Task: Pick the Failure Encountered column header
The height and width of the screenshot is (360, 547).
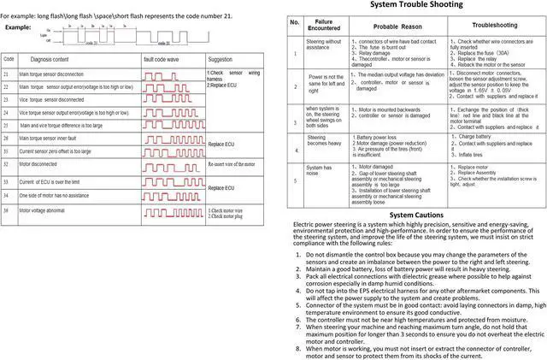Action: click(322, 26)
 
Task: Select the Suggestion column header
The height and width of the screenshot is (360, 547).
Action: click(221, 58)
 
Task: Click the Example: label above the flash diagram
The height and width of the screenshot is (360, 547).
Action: click(18, 29)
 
